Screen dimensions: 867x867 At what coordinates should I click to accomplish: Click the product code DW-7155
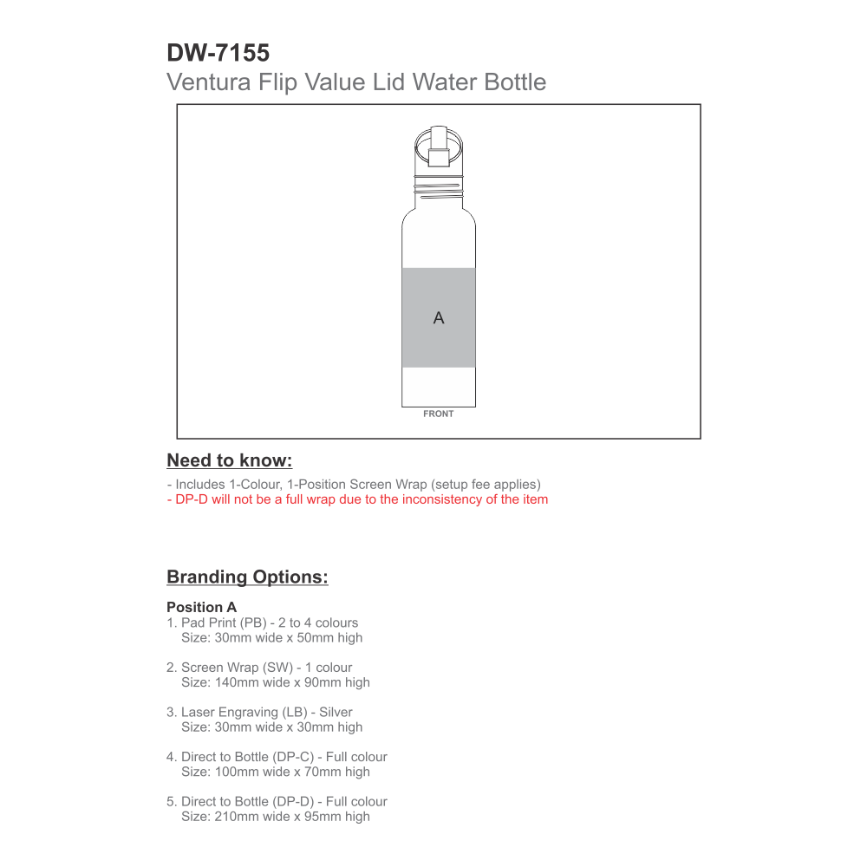point(218,54)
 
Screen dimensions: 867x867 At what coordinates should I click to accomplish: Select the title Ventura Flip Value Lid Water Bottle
point(355,82)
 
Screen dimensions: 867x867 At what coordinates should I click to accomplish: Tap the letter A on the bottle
point(439,318)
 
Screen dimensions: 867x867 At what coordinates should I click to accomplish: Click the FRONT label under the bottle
point(439,414)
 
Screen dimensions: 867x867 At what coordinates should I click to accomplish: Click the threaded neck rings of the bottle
point(439,183)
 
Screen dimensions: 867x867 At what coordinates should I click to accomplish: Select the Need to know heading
point(229,460)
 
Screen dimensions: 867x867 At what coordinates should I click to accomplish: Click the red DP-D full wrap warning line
point(357,499)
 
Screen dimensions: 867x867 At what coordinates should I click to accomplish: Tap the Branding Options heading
point(247,577)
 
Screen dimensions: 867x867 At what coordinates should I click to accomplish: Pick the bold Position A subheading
point(201,607)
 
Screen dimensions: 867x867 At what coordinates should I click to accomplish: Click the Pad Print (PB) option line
point(262,623)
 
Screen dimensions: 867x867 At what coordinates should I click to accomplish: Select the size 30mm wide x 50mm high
point(271,638)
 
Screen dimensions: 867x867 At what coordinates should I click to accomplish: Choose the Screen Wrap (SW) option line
point(259,668)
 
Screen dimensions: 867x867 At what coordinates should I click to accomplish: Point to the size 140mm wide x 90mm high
point(275,682)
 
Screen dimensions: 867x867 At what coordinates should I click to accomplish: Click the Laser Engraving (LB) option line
point(259,713)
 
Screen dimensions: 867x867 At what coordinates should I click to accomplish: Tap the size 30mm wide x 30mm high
point(271,727)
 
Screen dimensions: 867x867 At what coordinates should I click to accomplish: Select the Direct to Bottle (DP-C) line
point(277,757)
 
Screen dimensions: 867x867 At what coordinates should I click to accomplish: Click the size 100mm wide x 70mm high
point(275,772)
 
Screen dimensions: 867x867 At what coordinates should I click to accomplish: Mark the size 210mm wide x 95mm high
point(275,817)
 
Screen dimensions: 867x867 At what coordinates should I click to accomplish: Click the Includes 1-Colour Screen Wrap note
point(354,485)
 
